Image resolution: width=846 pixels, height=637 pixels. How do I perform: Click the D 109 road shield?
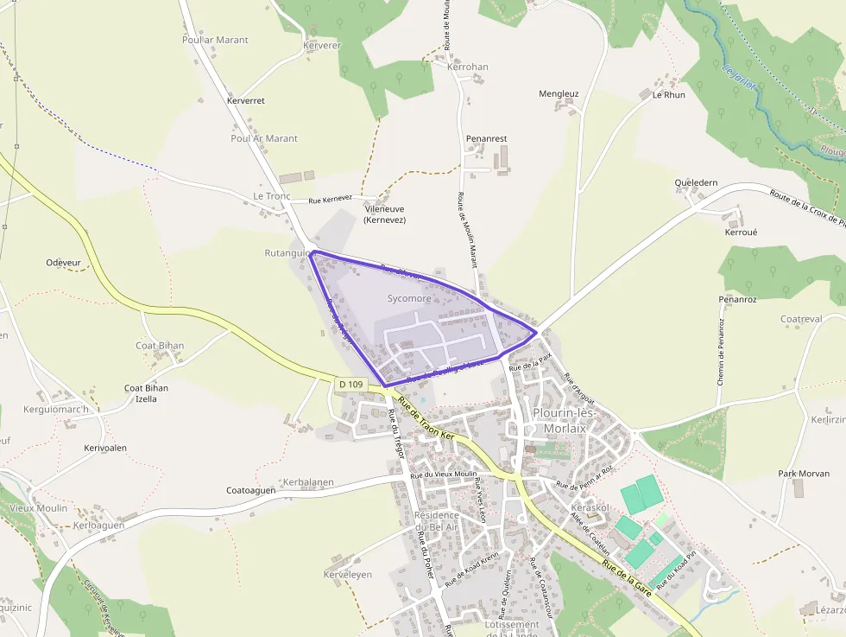pos(351,383)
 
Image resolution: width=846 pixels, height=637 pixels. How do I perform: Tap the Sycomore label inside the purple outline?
pos(409,298)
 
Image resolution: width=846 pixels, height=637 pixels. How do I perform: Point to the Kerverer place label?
pos(323,45)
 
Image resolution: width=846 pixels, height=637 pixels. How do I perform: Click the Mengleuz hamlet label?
pos(559,93)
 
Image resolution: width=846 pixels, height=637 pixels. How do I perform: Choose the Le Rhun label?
pos(668,95)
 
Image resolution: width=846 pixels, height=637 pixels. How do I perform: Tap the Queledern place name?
pos(696,183)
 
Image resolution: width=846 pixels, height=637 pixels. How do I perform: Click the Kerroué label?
pos(741,233)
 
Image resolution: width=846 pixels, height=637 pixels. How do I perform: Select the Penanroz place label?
pos(737,299)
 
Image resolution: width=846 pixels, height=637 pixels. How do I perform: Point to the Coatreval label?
pos(801,319)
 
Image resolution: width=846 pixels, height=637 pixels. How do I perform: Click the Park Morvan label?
pos(804,474)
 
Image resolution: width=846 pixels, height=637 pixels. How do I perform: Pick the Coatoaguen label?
pos(250,490)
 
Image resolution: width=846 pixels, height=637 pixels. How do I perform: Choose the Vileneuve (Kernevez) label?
pos(385,214)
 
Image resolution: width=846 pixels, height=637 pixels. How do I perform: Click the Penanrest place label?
pos(486,138)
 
